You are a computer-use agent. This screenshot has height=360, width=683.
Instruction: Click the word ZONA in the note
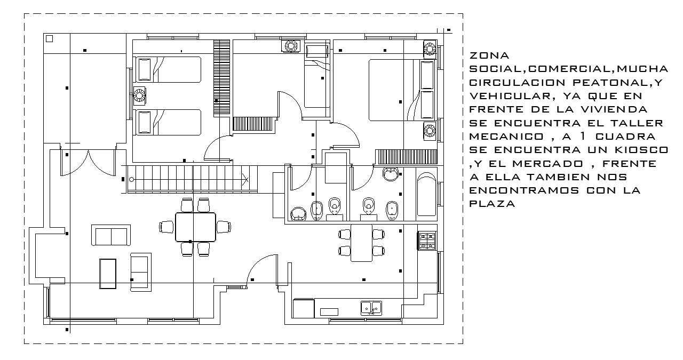click(489, 55)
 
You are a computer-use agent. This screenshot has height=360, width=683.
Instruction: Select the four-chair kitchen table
click(361, 243)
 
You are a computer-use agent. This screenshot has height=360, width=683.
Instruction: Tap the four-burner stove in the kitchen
click(427, 241)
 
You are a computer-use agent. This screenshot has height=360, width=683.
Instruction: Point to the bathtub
click(426, 194)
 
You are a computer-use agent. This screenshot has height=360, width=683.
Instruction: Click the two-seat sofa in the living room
click(110, 236)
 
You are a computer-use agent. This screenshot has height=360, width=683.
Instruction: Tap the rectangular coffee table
click(108, 274)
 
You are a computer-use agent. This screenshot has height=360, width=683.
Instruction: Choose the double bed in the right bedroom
click(392, 90)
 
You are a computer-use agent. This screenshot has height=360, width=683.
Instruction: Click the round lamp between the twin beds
click(139, 96)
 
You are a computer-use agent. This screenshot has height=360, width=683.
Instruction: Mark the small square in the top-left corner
click(50, 38)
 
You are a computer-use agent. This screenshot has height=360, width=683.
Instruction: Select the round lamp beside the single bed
click(292, 46)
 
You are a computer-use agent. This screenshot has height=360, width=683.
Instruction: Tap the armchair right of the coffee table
click(140, 271)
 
